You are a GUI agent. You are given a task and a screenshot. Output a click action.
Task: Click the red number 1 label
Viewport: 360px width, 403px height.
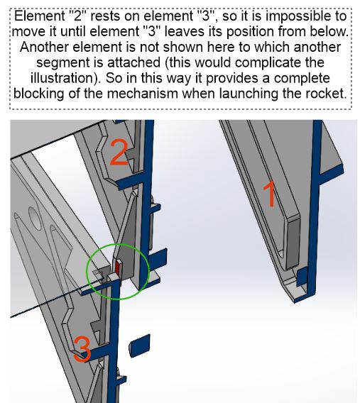click(x=269, y=194)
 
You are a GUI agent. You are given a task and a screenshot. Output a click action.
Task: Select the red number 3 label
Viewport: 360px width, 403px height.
click(x=82, y=350)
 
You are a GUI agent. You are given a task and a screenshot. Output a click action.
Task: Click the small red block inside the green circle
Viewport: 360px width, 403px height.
click(x=119, y=267)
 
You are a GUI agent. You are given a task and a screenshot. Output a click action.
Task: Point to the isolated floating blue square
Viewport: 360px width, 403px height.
click(x=140, y=346)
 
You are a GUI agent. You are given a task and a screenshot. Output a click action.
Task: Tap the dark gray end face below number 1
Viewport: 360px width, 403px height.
click(x=293, y=242)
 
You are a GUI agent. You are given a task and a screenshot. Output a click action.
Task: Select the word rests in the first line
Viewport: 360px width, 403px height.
click(x=105, y=16)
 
